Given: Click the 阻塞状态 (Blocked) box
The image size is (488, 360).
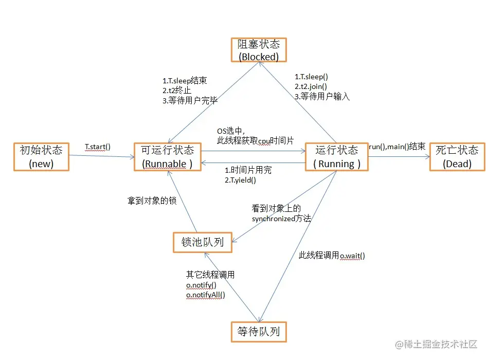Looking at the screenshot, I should (x=258, y=50).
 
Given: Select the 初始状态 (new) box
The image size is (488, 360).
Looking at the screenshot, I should (x=41, y=157).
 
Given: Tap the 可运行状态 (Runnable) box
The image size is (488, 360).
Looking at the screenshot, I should (x=168, y=157).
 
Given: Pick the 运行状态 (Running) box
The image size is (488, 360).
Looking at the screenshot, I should (x=336, y=157).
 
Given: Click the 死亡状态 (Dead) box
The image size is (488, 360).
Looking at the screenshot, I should (x=457, y=157).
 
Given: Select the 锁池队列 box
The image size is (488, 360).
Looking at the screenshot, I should (x=203, y=242).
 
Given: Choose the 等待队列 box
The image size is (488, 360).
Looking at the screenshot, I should (x=258, y=332).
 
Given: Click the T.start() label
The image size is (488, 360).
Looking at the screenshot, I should (x=98, y=147).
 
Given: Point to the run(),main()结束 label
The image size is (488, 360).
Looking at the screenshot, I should (x=396, y=147).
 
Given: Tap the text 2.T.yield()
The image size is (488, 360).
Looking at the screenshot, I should (x=240, y=180).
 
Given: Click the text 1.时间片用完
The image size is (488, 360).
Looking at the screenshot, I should (x=248, y=170).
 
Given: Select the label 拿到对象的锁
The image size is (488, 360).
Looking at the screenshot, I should (x=152, y=201).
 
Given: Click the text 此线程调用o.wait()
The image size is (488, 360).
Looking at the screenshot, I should (x=332, y=255).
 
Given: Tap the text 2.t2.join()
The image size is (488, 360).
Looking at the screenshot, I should (x=311, y=86).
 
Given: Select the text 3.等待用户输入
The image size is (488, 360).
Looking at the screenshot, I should (x=322, y=96).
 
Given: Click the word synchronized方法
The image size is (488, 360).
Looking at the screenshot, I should (x=281, y=218).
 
